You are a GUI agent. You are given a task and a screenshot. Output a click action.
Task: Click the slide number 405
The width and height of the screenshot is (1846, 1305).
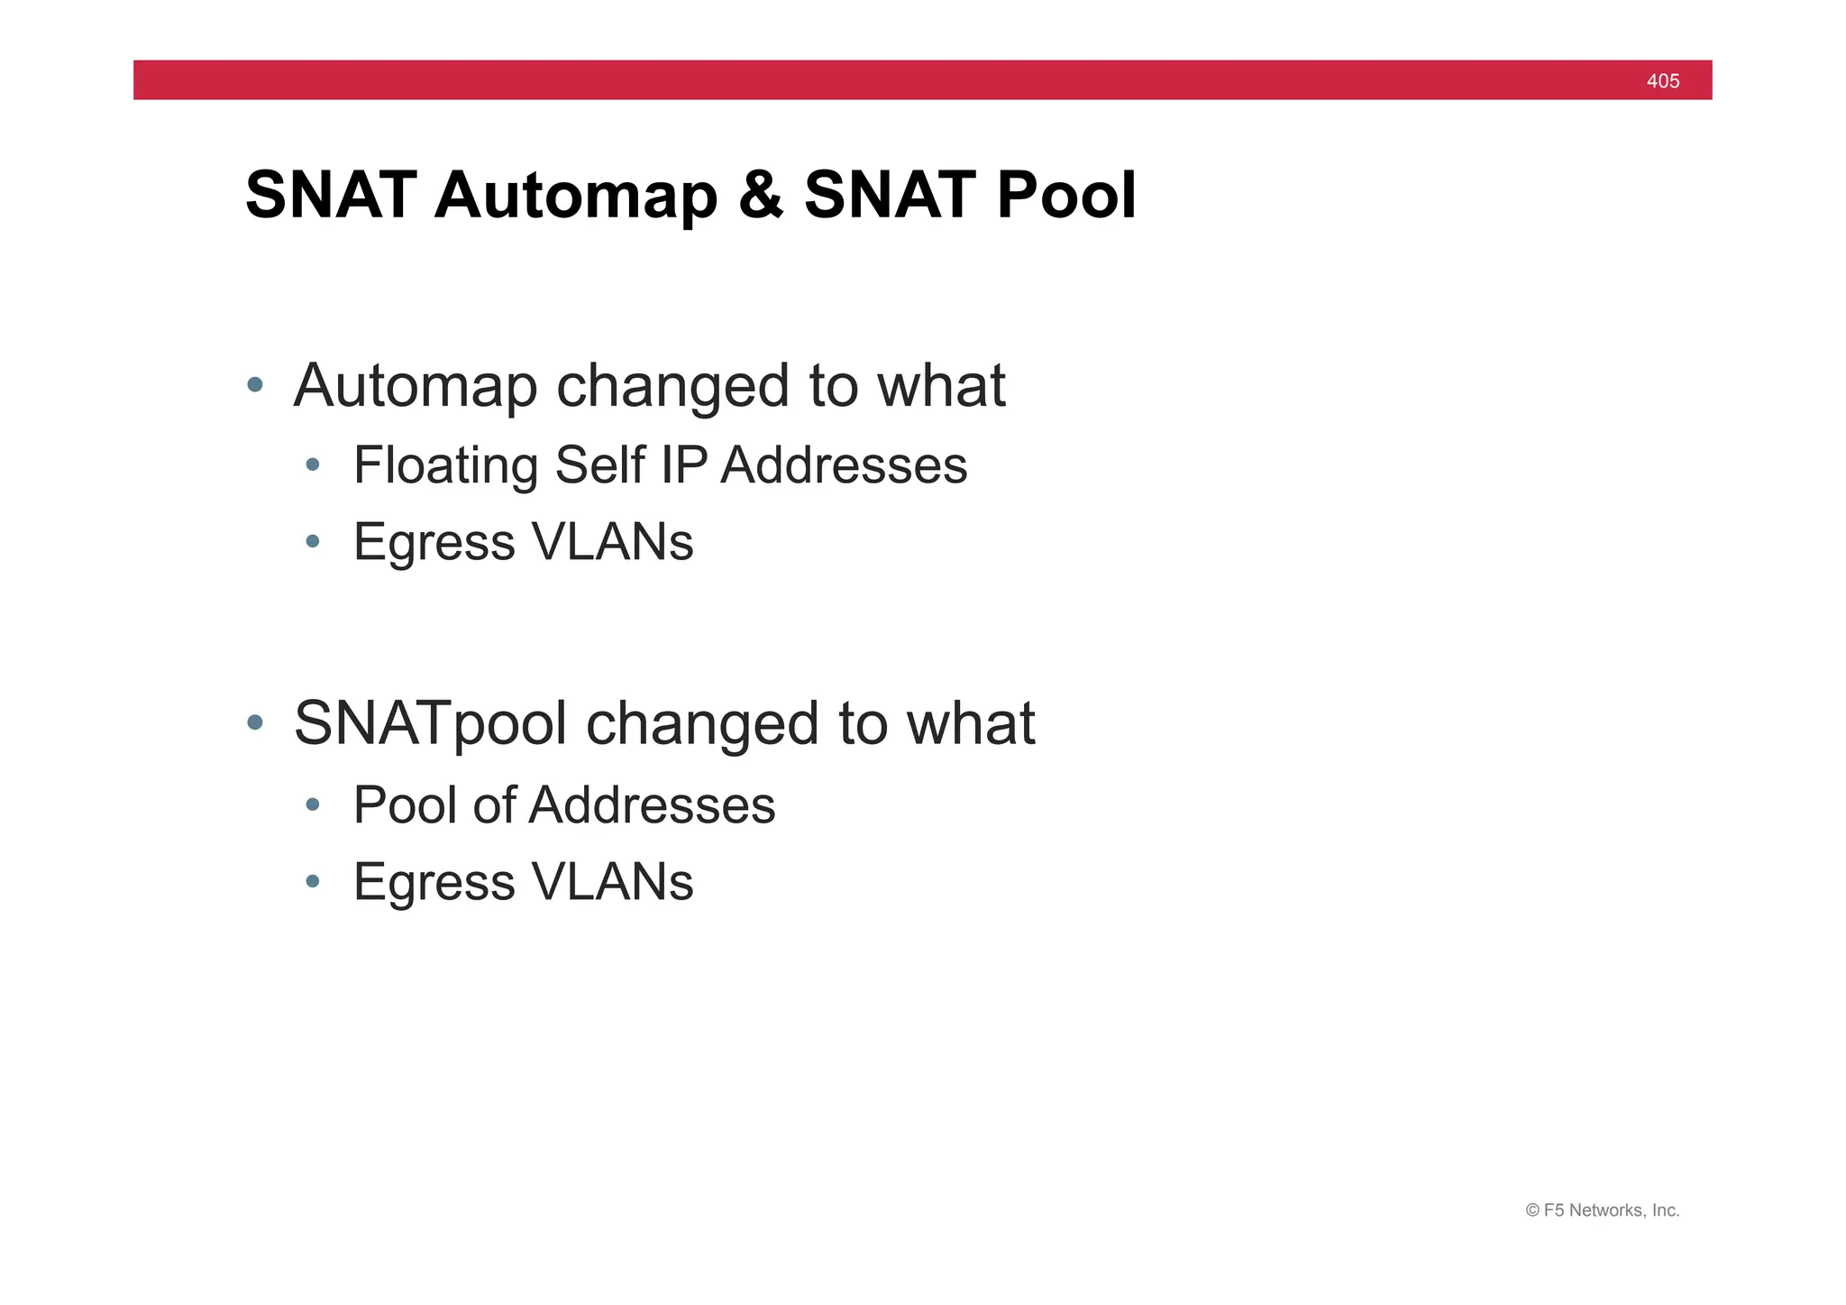[x=1662, y=81]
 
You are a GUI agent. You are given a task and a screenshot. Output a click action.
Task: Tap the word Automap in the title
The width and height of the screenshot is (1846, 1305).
[x=574, y=196]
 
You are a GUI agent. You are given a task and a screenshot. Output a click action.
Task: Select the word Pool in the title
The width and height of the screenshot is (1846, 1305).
[x=1066, y=196]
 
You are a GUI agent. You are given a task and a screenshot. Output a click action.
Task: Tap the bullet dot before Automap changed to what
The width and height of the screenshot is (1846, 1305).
[x=255, y=385]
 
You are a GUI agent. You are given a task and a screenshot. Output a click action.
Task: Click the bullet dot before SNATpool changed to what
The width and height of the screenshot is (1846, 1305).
[x=255, y=722]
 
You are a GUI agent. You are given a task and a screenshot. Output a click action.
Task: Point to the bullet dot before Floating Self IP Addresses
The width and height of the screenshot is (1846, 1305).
[x=313, y=465]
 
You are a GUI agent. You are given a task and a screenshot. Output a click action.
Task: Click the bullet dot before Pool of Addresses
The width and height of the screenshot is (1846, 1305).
[x=313, y=804]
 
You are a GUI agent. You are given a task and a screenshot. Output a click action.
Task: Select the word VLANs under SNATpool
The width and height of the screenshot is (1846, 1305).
[x=613, y=882]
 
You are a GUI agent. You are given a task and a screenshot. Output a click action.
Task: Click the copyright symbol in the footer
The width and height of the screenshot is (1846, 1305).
[x=1532, y=1211]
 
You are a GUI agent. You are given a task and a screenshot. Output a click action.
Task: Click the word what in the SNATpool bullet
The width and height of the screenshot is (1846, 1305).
[x=971, y=723]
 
